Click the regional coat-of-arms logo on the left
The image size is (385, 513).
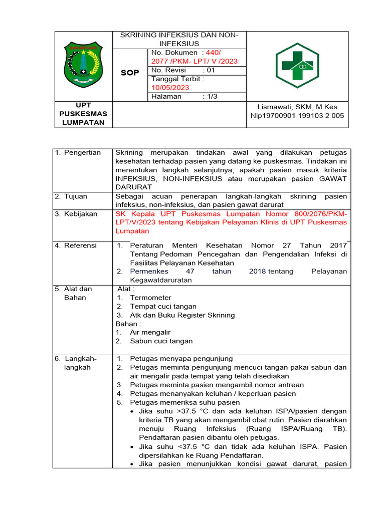pos(83,65)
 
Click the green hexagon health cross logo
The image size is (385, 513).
pos(297,65)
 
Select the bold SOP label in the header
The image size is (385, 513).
pos(130,73)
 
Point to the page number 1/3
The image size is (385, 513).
pos(210,96)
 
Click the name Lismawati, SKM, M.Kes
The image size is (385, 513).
pos(297,107)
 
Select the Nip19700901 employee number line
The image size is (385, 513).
pos(297,116)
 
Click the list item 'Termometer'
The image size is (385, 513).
pos(150,298)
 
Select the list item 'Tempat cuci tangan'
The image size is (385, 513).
pos(163,307)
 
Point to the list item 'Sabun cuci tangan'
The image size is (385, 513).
pos(161,341)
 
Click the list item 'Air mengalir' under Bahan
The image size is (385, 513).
pos(150,332)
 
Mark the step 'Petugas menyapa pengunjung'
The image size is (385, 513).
pos(181,359)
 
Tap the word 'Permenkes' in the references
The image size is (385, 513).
pos(149,272)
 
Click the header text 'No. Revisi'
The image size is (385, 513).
pos(169,70)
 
